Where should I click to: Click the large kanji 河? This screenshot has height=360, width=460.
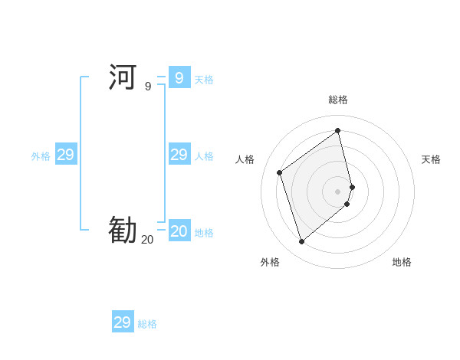tap(123, 77)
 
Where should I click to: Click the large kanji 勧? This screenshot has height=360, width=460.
tap(123, 230)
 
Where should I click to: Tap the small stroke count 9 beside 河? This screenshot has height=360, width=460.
tap(148, 87)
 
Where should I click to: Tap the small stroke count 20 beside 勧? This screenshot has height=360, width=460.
tap(147, 240)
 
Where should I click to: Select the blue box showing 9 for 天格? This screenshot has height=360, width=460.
tap(179, 77)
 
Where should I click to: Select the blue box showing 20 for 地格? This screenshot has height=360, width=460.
tap(179, 231)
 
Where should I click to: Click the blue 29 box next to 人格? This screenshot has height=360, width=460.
tap(179, 155)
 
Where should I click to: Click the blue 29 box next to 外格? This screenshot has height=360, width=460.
tap(66, 155)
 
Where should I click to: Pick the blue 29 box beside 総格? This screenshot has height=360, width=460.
tap(123, 322)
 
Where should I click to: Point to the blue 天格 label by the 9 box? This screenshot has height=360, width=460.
tap(204, 80)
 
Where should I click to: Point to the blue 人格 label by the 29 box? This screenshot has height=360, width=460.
tap(204, 156)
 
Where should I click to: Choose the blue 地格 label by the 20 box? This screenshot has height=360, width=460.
tap(204, 233)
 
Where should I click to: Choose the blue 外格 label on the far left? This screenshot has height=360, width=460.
tap(41, 156)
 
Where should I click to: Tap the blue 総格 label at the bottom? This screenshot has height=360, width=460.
tap(147, 325)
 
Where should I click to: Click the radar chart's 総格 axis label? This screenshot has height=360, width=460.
tap(338, 100)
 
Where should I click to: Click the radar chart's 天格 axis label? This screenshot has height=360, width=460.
tap(431, 159)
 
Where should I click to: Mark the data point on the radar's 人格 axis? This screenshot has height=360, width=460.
tap(280, 172)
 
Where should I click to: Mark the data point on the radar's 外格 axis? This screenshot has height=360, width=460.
tap(301, 242)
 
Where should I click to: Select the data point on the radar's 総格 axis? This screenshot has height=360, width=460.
tap(338, 130)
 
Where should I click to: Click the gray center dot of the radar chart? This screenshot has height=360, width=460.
tap(338, 191)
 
